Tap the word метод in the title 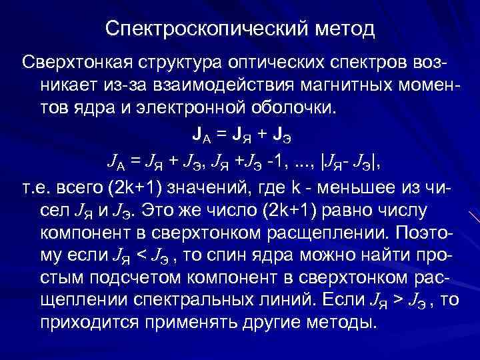coord(344,29)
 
